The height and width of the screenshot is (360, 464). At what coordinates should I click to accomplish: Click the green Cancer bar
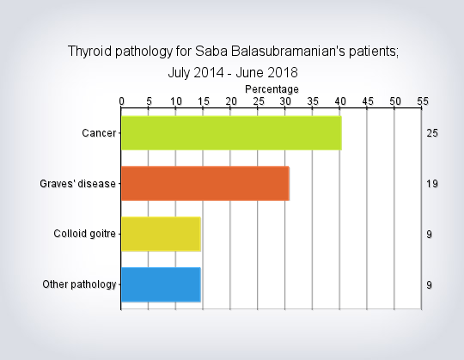[231, 133]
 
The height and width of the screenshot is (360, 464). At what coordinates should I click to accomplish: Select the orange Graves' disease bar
[205, 183]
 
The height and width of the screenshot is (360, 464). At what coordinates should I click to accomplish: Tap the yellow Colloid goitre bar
[161, 234]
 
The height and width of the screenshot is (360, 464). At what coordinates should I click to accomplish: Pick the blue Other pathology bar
[161, 284]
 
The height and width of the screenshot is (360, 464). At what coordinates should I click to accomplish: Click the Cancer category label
[99, 133]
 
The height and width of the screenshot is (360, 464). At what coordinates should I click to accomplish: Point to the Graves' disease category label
[77, 184]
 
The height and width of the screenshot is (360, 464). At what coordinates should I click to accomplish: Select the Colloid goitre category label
[84, 234]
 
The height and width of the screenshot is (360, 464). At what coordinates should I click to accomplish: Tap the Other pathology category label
[79, 284]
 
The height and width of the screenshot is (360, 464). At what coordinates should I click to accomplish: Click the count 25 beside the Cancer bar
[432, 133]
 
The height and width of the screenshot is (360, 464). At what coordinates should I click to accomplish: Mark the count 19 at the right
[432, 184]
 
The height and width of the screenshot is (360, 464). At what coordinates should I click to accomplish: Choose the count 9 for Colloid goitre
[429, 235]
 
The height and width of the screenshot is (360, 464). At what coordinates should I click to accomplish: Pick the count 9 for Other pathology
[429, 285]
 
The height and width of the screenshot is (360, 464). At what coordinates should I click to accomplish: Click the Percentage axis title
[272, 89]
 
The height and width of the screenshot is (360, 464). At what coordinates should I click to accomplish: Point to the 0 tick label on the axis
[121, 101]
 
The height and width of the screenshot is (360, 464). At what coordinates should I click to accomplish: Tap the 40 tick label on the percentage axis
[340, 101]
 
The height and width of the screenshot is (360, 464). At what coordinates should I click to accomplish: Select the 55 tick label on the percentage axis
[423, 101]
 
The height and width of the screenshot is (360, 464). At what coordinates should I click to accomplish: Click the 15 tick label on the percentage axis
[204, 101]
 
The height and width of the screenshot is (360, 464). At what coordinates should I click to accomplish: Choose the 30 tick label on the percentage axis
[285, 101]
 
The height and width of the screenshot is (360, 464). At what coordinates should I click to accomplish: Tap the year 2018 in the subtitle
[283, 72]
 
